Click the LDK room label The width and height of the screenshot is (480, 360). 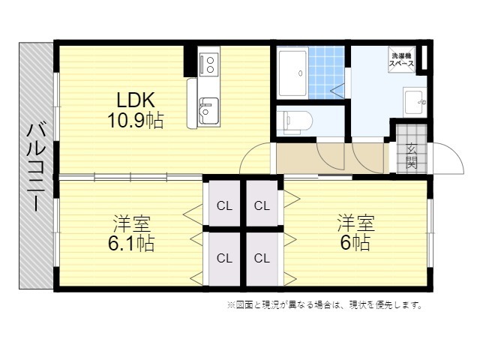pyautogui.click(x=136, y=100)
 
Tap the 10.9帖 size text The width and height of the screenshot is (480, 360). pyautogui.click(x=136, y=120)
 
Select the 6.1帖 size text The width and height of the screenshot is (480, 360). pyautogui.click(x=131, y=243)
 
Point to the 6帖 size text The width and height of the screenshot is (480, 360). pyautogui.click(x=355, y=242)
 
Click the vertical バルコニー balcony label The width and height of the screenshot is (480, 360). pyautogui.click(x=36, y=166)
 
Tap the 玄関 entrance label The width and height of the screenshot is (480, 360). pyautogui.click(x=411, y=156)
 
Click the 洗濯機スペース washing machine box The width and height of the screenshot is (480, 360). pyautogui.click(x=402, y=60)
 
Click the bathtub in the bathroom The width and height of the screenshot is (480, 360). pyautogui.click(x=292, y=73)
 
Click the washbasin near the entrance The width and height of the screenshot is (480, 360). pyautogui.click(x=415, y=102)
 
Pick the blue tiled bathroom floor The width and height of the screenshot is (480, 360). pyautogui.click(x=326, y=73)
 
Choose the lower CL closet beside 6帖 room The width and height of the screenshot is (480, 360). pyautogui.click(x=262, y=259)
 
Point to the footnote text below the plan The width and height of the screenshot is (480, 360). pyautogui.click(x=325, y=305)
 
